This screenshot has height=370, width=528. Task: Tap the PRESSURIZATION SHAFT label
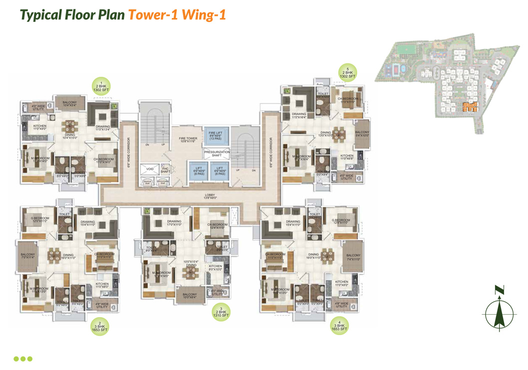click(216, 154)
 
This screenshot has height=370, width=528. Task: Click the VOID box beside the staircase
click(150, 170)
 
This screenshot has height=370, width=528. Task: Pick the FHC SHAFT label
click(165, 170)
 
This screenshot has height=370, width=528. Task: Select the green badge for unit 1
click(102, 86)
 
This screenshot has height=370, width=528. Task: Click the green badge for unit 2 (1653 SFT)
click(99, 326)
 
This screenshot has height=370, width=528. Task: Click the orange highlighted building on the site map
click(470, 106)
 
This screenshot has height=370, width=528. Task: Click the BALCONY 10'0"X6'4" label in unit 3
click(190, 296)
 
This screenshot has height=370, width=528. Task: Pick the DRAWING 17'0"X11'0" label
click(174, 223)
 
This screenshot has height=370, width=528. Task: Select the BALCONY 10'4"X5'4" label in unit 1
click(69, 104)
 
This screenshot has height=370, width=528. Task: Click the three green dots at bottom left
click(23, 359)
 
